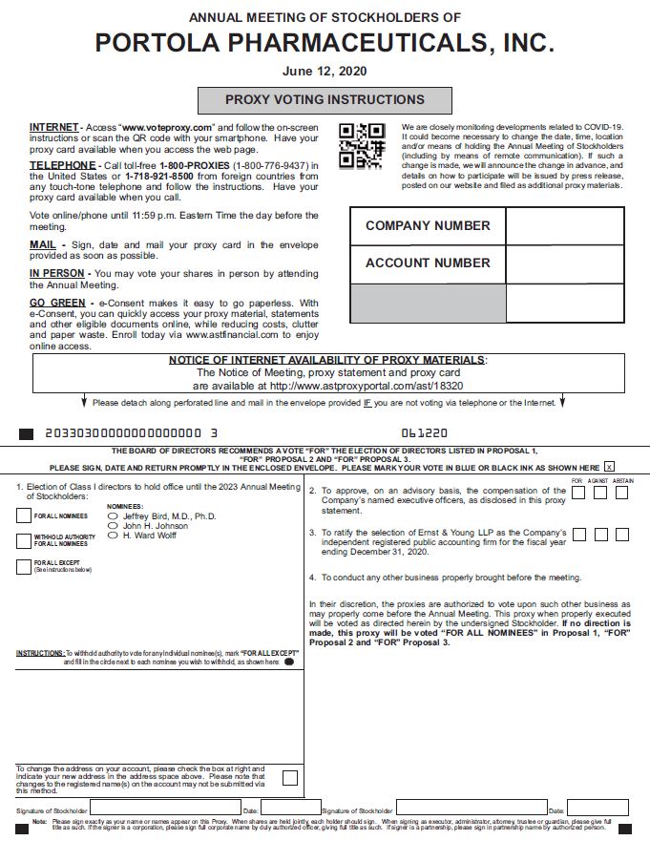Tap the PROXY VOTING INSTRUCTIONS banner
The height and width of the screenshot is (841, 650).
(325, 99)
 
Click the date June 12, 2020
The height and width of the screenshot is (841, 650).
(325, 71)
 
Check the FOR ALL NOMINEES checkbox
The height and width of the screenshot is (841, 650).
(24, 515)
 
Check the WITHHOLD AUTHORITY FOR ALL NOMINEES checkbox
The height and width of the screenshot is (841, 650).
(24, 540)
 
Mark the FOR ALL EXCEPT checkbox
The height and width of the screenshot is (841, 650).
(24, 566)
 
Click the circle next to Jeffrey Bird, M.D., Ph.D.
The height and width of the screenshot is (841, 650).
(114, 515)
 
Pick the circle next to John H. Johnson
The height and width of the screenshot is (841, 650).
(114, 526)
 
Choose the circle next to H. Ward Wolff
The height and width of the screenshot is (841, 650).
(114, 536)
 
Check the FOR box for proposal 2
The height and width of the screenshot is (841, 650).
(578, 493)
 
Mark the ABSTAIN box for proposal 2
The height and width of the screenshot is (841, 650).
(622, 493)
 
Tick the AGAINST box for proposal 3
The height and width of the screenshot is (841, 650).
(600, 535)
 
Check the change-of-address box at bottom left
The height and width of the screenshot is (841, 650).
(289, 778)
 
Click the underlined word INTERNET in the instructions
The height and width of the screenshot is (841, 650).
(53, 127)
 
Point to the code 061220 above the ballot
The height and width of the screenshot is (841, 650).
(425, 432)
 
